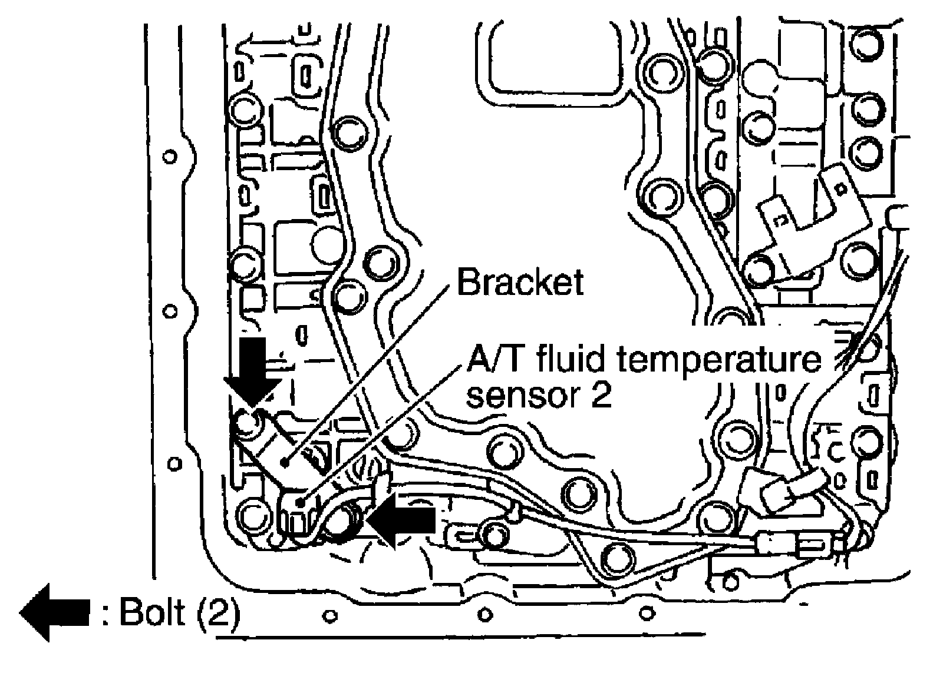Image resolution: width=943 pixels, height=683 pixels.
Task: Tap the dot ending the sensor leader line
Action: pyautogui.click(x=301, y=502)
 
